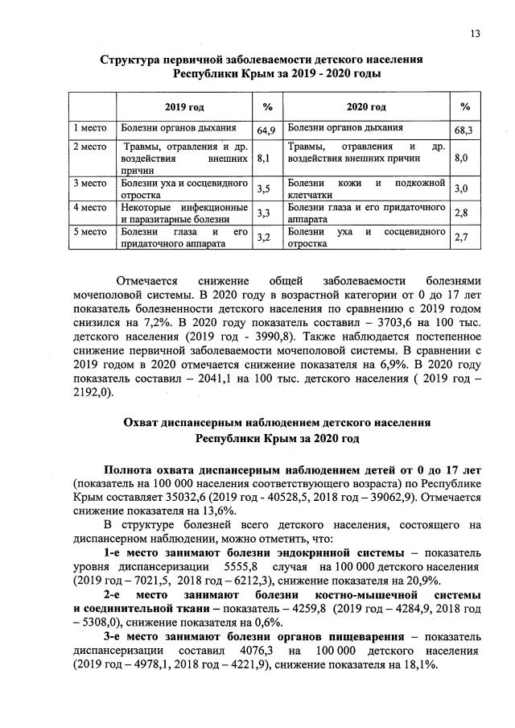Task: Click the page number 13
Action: coord(476,34)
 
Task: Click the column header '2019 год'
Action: coord(184,107)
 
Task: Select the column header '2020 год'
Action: coord(365,107)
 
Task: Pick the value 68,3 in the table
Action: coord(463,130)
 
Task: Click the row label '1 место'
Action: coord(90,128)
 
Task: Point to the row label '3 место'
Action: coord(90,184)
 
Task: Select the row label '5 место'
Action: coord(90,232)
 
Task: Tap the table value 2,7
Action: coord(461,238)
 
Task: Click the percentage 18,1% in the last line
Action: coord(418,665)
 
